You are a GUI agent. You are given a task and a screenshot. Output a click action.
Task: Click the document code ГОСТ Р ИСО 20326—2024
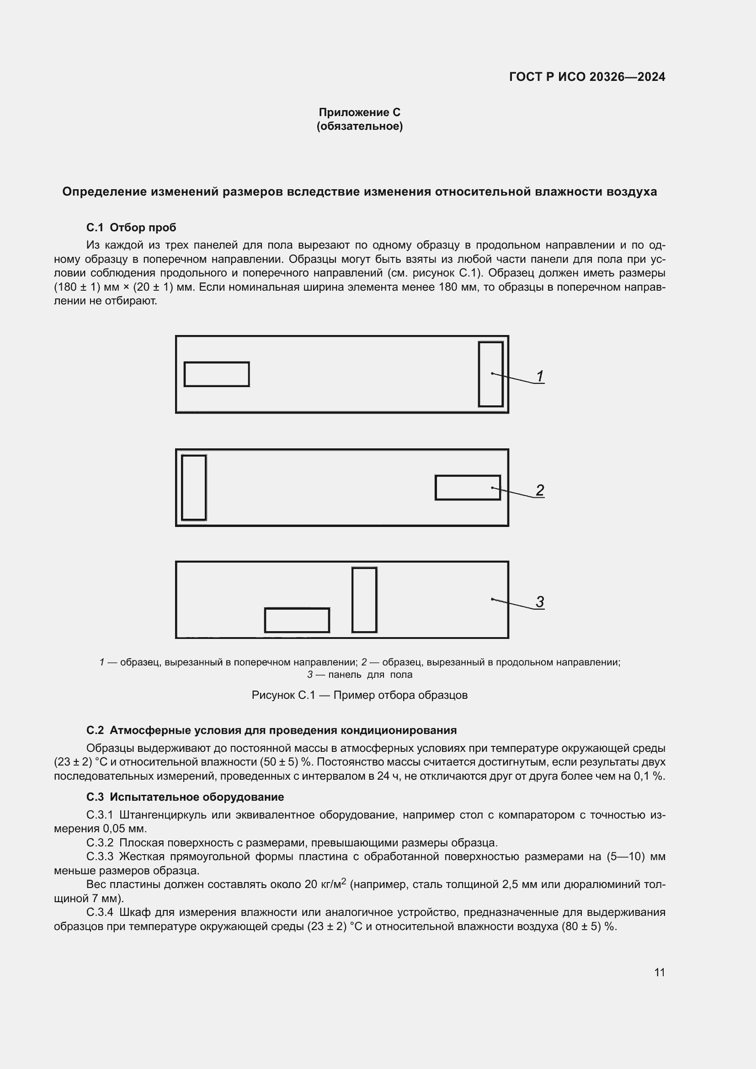click(x=587, y=77)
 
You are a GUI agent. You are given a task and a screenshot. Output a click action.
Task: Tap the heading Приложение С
click(x=359, y=112)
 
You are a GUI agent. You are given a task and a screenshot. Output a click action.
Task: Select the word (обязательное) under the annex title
click(x=359, y=126)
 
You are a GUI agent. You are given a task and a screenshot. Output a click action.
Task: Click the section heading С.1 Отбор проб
click(x=131, y=228)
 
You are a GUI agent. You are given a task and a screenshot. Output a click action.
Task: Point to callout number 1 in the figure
click(x=539, y=376)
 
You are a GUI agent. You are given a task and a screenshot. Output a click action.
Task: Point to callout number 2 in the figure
click(x=539, y=490)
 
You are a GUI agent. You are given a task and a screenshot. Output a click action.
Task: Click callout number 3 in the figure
click(x=539, y=601)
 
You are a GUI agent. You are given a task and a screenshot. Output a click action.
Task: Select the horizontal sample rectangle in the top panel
click(x=217, y=374)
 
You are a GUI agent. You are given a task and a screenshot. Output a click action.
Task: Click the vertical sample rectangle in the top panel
click(x=490, y=374)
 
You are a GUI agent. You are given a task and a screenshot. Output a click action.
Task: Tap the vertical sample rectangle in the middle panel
click(x=194, y=488)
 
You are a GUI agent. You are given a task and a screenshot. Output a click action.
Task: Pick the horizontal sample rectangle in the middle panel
click(x=468, y=488)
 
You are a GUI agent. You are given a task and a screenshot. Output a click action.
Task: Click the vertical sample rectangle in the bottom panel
click(x=364, y=600)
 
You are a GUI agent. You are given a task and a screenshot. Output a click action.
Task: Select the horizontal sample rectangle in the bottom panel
click(x=297, y=620)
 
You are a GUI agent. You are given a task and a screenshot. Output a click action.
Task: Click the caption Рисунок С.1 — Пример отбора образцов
click(x=359, y=695)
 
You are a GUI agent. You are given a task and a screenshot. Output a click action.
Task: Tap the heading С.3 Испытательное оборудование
click(x=185, y=797)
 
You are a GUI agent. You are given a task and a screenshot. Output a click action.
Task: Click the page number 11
click(x=659, y=972)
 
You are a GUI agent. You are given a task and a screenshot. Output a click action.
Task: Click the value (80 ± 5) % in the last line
click(x=589, y=926)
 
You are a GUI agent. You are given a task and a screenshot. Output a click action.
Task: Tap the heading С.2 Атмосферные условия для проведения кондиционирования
click(x=271, y=730)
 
